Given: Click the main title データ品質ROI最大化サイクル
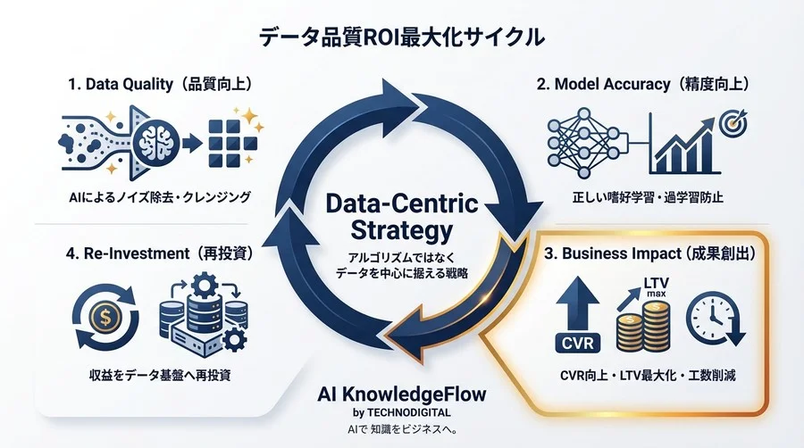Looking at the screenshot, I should point(401,37).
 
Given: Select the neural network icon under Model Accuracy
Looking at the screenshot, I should point(582,142).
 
